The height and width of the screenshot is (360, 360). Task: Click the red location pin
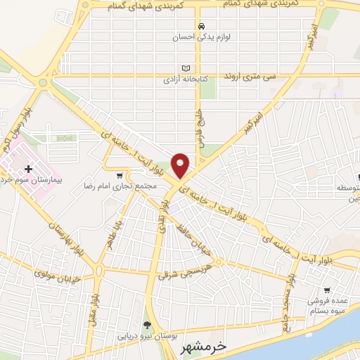point(181,165)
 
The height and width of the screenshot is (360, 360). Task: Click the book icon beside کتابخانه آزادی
point(186,68)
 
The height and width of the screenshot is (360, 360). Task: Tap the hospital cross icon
point(29,169)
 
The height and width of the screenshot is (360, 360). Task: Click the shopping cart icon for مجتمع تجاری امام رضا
point(120,175)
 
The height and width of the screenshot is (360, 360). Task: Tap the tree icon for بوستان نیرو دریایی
point(147,325)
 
